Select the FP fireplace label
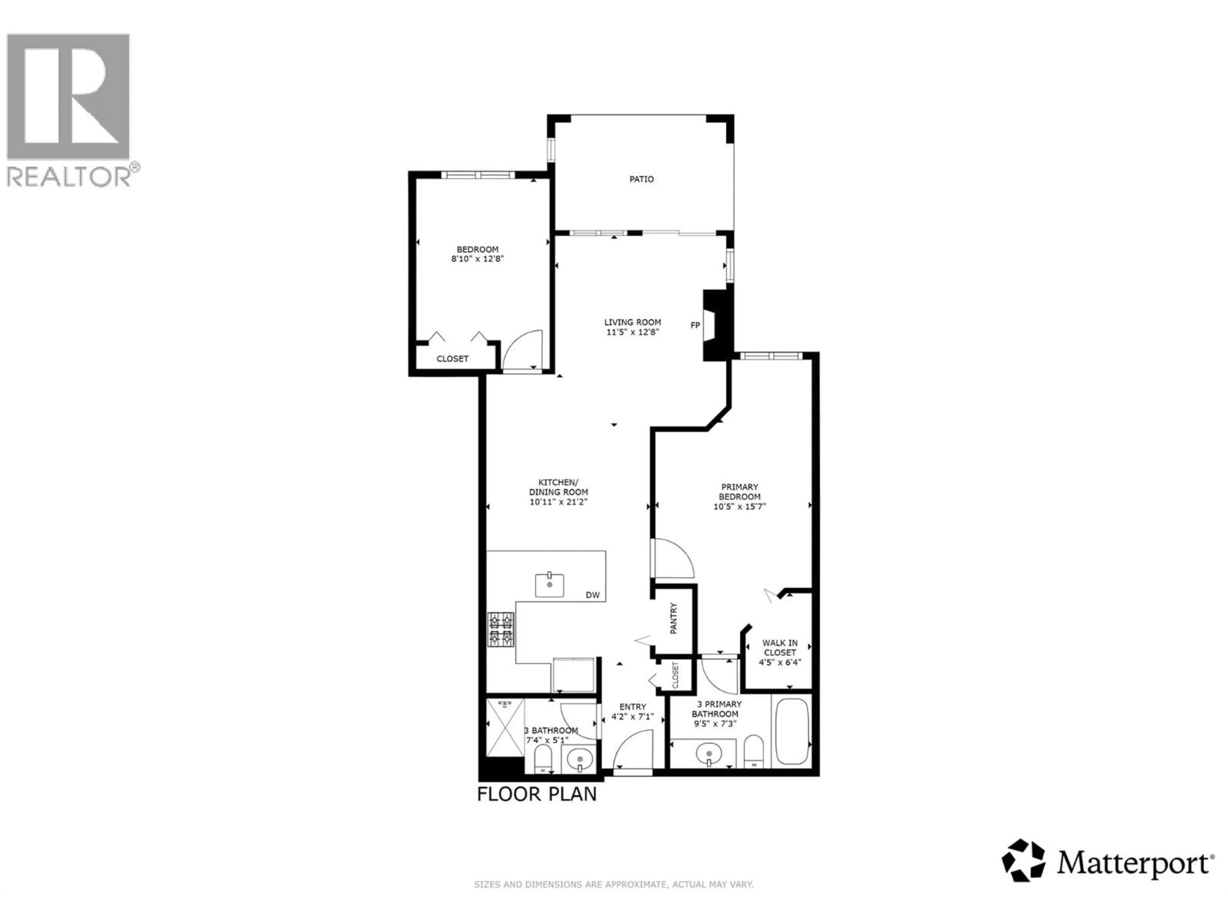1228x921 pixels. [695, 325]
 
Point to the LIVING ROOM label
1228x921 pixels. [632, 322]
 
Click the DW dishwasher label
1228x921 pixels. [592, 595]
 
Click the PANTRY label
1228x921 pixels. [674, 618]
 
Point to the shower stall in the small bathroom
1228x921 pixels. [505, 728]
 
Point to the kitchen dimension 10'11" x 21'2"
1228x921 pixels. [558, 502]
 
